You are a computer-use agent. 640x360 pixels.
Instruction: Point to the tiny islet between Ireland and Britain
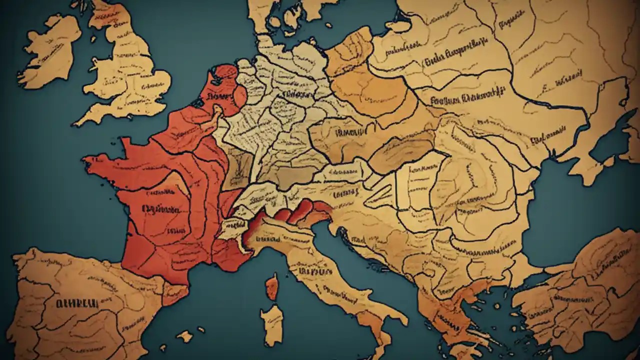tap(93, 63)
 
